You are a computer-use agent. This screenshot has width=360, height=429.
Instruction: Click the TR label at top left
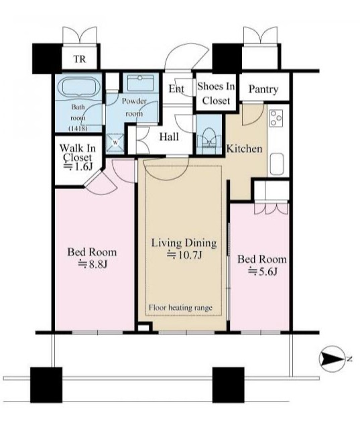[x=79, y=59]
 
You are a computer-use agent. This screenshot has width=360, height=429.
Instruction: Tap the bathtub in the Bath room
[x=78, y=86]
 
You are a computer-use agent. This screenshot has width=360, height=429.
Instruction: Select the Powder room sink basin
[x=140, y=82]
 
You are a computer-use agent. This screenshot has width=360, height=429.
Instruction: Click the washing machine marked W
[x=115, y=143]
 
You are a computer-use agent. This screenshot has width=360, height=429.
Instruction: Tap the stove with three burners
[x=276, y=118]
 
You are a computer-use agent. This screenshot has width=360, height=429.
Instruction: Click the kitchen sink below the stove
[x=277, y=164]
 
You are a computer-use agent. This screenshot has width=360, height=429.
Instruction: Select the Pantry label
[x=263, y=89]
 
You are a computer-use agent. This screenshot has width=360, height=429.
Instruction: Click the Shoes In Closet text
[x=216, y=94]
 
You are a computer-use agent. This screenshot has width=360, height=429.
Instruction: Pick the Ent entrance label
[x=176, y=88]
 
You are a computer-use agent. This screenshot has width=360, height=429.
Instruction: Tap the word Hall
[x=169, y=137]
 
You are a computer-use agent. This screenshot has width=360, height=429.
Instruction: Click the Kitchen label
[x=244, y=149]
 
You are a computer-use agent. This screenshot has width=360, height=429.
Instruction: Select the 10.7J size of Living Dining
[x=185, y=255]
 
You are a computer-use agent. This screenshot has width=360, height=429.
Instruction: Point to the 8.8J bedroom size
[x=93, y=263]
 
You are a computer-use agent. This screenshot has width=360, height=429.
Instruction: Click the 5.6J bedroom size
[x=263, y=271]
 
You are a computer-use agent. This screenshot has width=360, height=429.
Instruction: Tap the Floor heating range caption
[x=180, y=308]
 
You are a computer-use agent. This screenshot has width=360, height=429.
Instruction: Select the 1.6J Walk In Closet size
[x=78, y=167]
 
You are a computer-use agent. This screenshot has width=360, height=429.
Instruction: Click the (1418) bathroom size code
[x=78, y=128]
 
